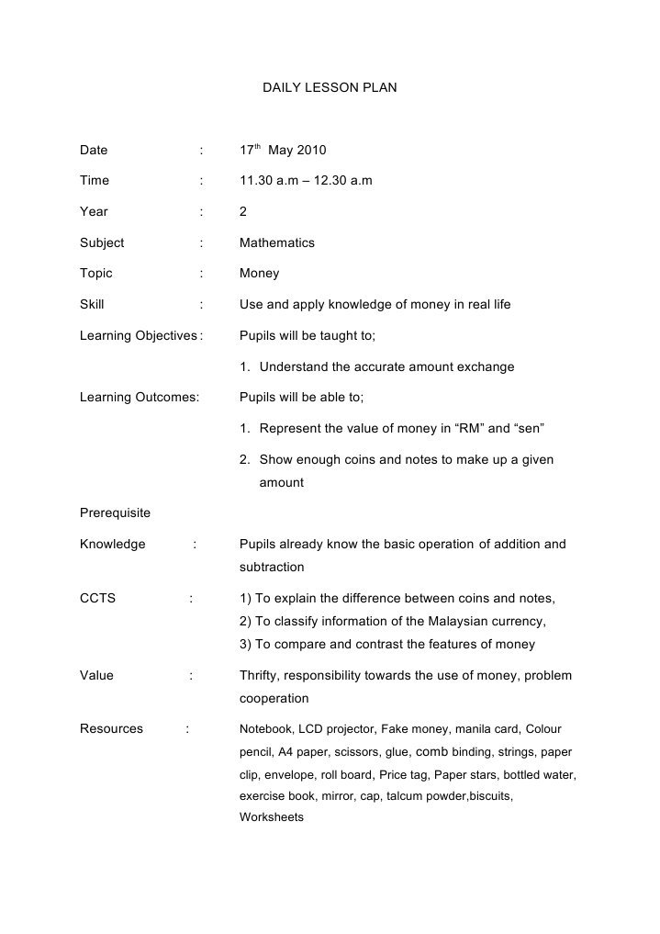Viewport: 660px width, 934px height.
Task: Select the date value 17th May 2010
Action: pos(283,150)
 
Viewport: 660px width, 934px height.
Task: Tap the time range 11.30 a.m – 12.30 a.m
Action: pos(306,181)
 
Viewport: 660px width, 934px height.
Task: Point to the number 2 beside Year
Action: pos(243,212)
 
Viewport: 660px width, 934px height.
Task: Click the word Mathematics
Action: pos(276,243)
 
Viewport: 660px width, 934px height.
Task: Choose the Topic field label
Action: pos(96,274)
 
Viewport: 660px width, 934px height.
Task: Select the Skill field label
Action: pos(92,305)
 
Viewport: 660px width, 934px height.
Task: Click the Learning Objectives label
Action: pos(139,336)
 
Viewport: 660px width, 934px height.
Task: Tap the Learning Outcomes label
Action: pos(140,398)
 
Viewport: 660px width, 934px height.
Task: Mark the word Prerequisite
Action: pos(115,512)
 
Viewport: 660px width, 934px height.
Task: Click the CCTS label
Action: pos(98,599)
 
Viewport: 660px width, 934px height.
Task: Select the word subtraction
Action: pos(272,567)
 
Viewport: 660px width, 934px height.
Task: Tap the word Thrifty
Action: pos(261,676)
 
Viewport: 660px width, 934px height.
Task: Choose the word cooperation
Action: pos(274,699)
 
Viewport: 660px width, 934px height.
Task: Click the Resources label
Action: pos(111,729)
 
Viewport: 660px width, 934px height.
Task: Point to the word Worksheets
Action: pos(271,816)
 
